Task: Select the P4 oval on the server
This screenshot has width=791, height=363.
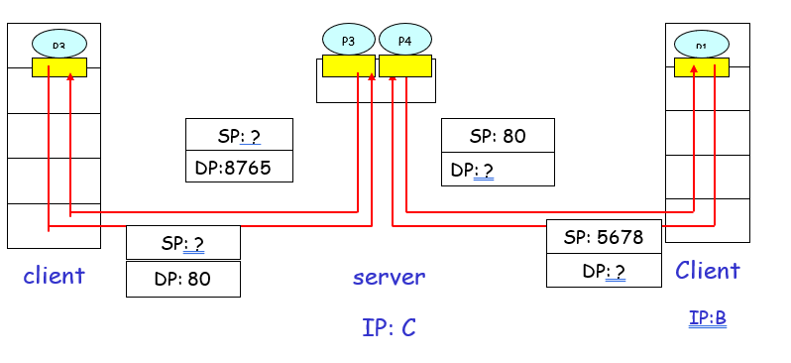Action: (x=404, y=40)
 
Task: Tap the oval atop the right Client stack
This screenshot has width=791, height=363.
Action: (x=702, y=44)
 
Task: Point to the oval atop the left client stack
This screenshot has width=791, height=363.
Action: (x=59, y=44)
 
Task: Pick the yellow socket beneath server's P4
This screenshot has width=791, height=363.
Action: (x=405, y=65)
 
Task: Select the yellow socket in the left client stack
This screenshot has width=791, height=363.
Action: (x=59, y=66)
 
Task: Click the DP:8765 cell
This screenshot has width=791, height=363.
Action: (x=239, y=167)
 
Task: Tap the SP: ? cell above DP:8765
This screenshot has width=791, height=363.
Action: (x=239, y=135)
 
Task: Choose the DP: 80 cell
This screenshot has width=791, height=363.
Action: (x=182, y=279)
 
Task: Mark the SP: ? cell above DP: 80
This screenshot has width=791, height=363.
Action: (x=182, y=242)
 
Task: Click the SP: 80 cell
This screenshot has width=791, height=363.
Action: (x=498, y=136)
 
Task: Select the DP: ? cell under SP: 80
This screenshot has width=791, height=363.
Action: (x=498, y=170)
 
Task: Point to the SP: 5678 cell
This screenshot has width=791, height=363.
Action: (x=604, y=237)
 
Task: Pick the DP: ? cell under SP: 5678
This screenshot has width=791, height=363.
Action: (x=604, y=271)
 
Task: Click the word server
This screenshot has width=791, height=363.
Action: (x=389, y=277)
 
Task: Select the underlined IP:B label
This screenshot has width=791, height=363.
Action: (x=708, y=318)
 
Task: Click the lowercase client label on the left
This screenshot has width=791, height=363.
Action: (x=54, y=275)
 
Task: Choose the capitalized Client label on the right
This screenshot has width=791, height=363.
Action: (x=708, y=271)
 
